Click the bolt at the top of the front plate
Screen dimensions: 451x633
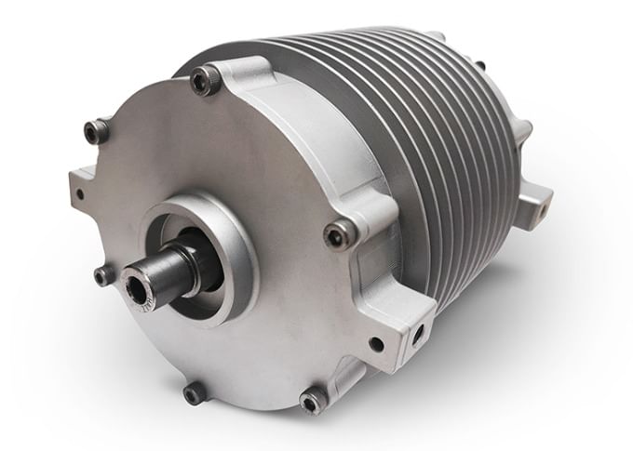207,80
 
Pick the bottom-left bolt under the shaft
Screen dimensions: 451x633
195,393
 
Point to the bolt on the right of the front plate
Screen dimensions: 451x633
340,234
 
